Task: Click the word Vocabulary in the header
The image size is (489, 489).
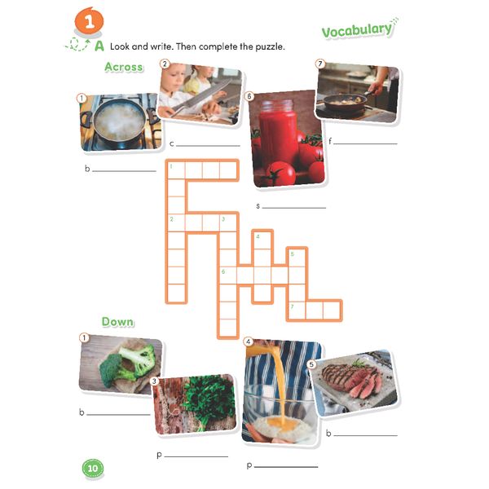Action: pos(357,30)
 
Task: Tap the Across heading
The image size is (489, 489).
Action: pos(123,67)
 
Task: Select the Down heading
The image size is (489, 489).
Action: pos(117,322)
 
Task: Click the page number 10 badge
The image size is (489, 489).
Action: pos(92,468)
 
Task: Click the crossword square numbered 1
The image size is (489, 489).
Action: pos(174,170)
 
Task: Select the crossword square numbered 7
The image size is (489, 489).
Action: pos(296,310)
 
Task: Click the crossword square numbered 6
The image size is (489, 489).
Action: pos(227,274)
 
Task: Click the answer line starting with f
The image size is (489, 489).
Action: pos(368,143)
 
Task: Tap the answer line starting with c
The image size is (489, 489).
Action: pos(209,145)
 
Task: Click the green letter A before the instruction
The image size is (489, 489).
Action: pos(99,46)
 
